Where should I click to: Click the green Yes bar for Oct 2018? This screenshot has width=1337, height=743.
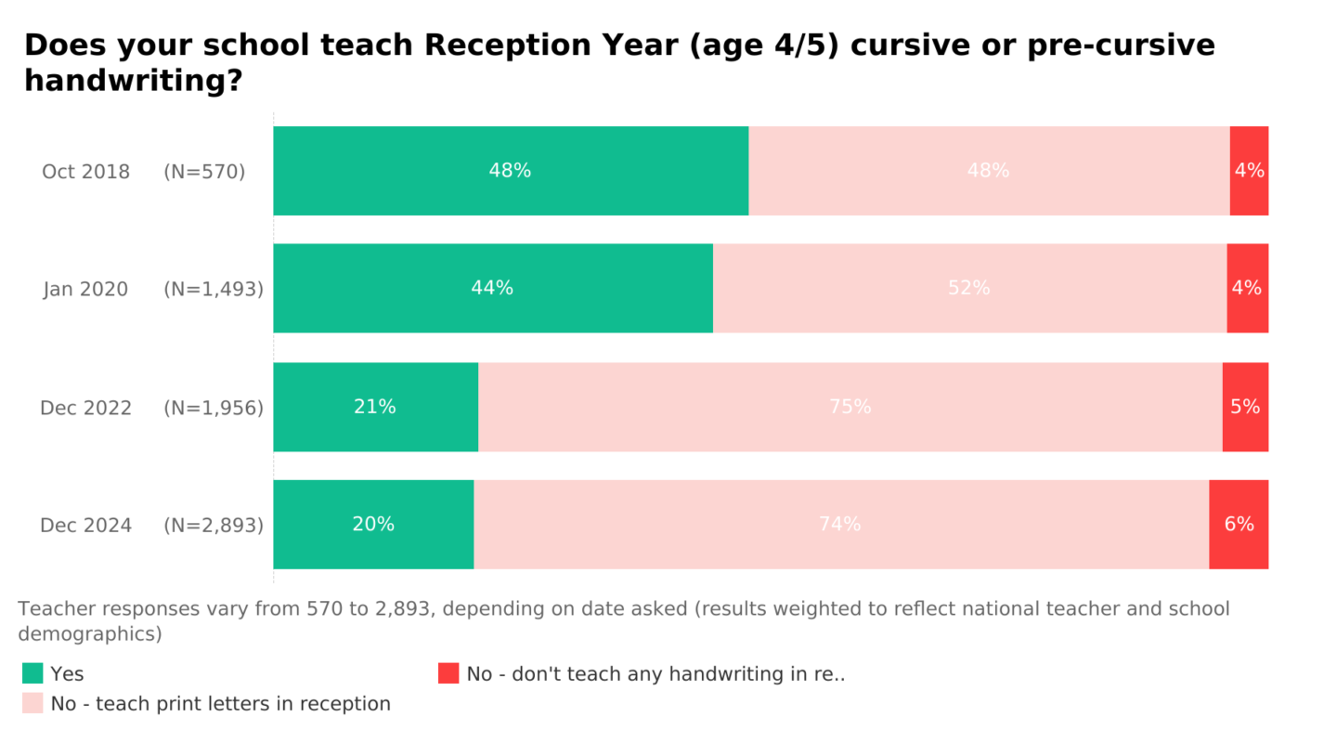pos(511,171)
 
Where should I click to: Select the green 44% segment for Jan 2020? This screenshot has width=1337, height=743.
pos(492,288)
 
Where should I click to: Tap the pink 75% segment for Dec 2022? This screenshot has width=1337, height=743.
pos(850,407)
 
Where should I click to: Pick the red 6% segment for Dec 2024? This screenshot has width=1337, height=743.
pos(1239,524)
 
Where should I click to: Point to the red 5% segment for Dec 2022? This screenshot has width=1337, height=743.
pos(1245,407)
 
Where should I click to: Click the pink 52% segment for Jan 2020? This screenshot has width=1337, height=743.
pos(969,288)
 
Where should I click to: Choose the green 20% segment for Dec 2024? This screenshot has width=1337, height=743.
pos(373,524)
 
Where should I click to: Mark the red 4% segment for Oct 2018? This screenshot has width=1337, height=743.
pos(1249,171)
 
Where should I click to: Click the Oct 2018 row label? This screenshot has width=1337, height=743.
pos(85,172)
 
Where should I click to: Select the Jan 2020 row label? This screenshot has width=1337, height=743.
pos(85,289)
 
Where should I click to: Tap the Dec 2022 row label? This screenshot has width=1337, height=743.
pos(85,408)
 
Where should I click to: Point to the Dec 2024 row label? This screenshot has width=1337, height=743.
pos(85,526)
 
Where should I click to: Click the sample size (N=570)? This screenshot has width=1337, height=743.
pos(204,172)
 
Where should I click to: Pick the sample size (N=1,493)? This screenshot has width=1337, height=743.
pos(214,289)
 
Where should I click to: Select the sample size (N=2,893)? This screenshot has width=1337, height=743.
pos(214,526)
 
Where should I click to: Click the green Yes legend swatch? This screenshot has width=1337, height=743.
pos(32,673)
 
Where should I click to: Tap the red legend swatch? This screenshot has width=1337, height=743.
pos(448,673)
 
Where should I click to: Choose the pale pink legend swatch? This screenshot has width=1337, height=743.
pos(32,703)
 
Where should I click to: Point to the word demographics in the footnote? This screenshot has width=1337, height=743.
pos(90,633)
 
